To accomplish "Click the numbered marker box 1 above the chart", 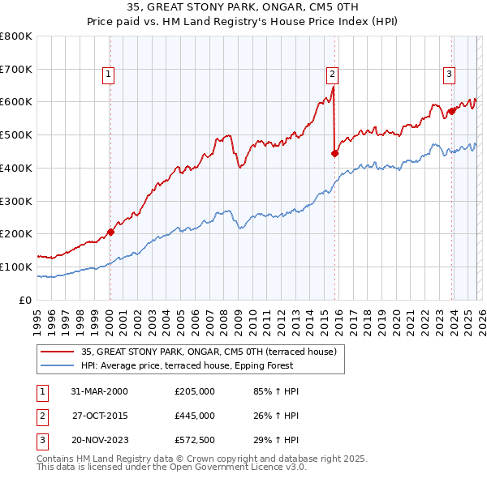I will tap(109, 75).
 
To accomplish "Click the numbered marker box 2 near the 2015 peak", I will tap(332, 75).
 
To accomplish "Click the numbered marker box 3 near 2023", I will tap(449, 75).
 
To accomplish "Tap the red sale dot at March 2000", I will tap(111, 232).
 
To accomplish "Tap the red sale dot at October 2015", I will tap(335, 152).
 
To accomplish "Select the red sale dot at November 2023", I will tap(451, 111).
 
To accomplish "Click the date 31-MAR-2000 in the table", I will tap(99, 391).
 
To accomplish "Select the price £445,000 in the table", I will tap(195, 416).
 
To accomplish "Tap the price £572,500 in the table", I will tap(195, 440).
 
